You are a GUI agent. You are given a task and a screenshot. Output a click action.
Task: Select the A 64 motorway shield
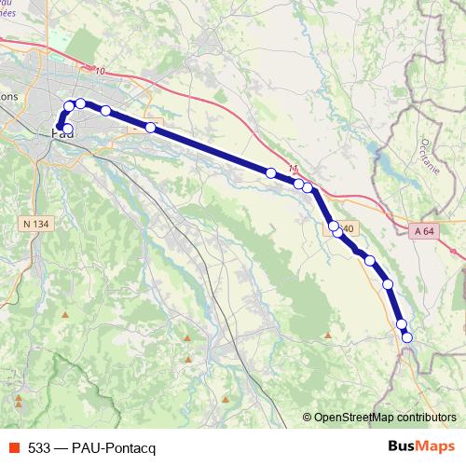(x=424, y=230)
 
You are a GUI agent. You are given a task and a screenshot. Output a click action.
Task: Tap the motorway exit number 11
(x=295, y=169)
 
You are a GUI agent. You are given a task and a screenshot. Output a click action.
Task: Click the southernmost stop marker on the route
(x=406, y=336)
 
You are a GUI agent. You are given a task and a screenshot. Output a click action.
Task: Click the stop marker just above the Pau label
(x=66, y=129)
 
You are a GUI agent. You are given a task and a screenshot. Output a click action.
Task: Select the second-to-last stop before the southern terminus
(x=389, y=284)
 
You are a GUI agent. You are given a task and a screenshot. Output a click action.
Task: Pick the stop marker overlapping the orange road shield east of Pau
(x=150, y=127)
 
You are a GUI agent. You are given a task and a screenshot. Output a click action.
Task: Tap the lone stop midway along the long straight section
(x=270, y=172)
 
